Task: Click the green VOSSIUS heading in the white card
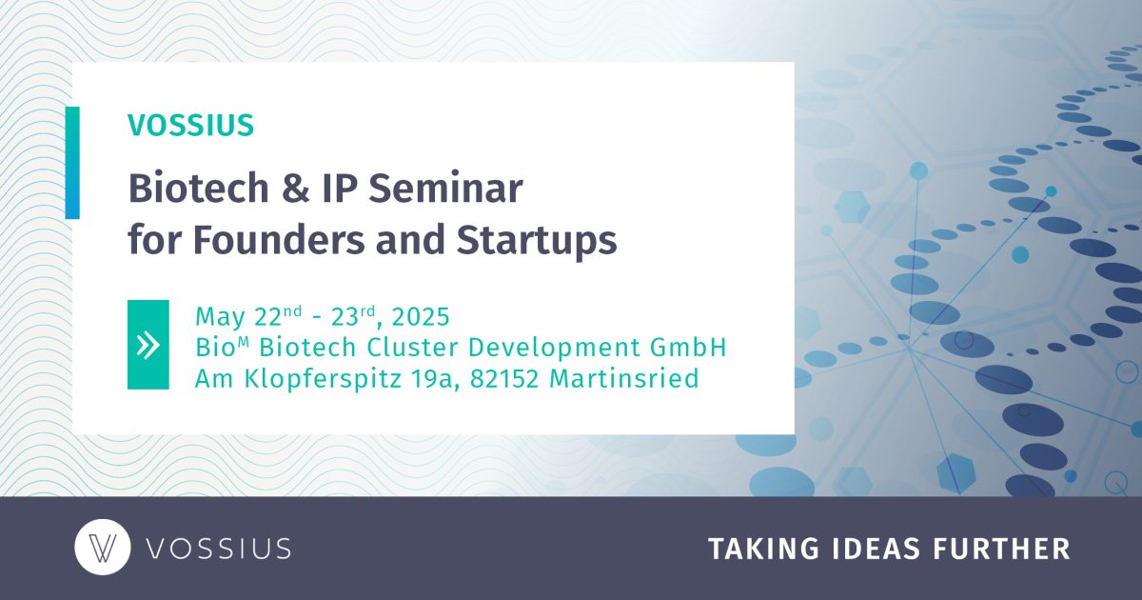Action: coord(190,125)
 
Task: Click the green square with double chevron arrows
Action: coord(148,345)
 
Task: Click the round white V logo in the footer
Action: coord(102,549)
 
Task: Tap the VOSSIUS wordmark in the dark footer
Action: coord(218,549)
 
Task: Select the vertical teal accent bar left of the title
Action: coord(72,163)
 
